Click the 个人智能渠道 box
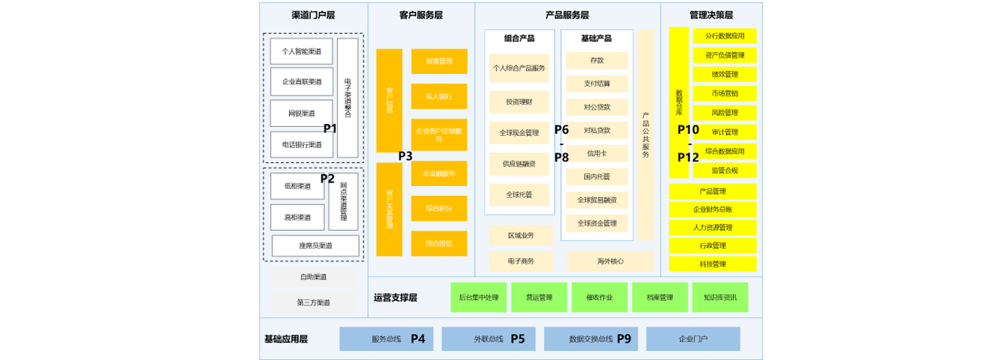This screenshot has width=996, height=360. [301, 52]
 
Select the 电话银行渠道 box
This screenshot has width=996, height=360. [301, 145]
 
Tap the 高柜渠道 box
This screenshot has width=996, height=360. [297, 217]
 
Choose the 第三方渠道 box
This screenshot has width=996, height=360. [313, 302]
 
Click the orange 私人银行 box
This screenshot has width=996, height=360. [439, 96]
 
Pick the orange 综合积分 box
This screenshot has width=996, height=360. [439, 208]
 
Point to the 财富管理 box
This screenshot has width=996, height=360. [439, 61]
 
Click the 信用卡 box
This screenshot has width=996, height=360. [596, 153]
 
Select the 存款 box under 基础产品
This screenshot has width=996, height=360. [596, 60]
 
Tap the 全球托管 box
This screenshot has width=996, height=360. [519, 195]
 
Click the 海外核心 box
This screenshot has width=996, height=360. [610, 261]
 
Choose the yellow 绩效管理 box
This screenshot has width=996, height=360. [724, 74]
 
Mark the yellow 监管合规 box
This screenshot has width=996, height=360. [724, 170]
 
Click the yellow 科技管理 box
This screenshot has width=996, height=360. [712, 264]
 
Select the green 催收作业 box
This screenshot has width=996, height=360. [600, 297]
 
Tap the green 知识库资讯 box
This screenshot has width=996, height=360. [720, 297]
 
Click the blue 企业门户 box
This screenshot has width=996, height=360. [693, 339]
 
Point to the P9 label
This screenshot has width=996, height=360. [624, 338]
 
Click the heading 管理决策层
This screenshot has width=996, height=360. [711, 15]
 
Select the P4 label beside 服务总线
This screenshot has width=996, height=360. [418, 338]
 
